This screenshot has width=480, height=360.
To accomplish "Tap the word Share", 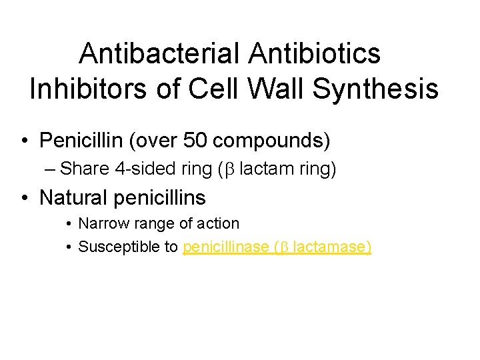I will [x=84, y=169].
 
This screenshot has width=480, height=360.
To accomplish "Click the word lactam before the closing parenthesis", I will [x=261, y=169].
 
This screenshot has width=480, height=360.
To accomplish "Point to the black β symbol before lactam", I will [x=229, y=170].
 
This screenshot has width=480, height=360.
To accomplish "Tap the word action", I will [x=219, y=223].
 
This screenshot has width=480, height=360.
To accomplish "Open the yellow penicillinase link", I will [x=225, y=247].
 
